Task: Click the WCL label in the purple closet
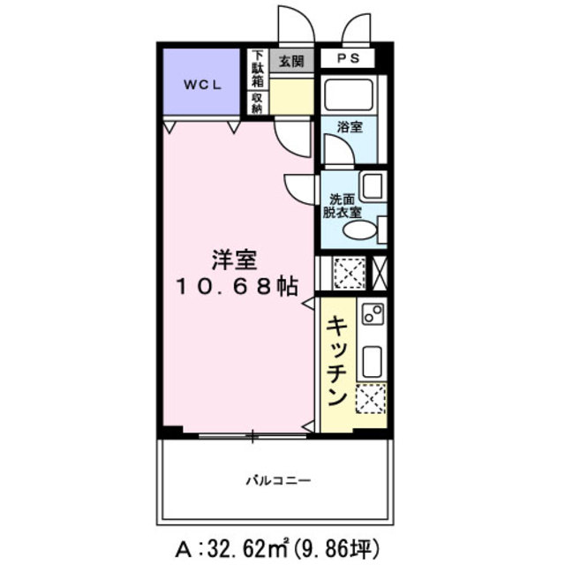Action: (201, 85)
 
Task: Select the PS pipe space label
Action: (347, 60)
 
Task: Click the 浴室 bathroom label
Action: (350, 127)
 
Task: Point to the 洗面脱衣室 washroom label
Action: (342, 205)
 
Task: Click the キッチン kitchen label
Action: (336, 361)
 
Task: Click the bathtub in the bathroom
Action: (350, 94)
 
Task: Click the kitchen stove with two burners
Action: (371, 314)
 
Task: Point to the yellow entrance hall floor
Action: (291, 96)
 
